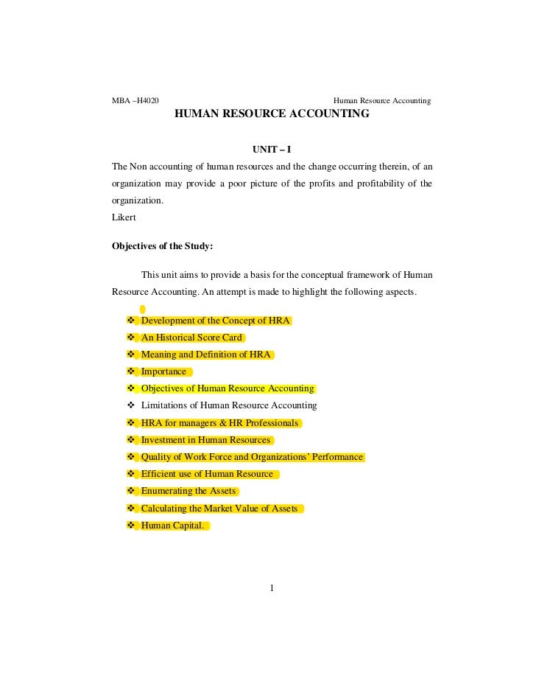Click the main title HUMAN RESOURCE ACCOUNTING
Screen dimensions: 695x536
click(272, 115)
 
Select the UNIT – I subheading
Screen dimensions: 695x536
click(272, 150)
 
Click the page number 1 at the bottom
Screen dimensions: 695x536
click(272, 587)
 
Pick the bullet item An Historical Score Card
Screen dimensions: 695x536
click(191, 338)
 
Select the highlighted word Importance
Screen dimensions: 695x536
click(163, 371)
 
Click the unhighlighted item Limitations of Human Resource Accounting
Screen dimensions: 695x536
click(229, 405)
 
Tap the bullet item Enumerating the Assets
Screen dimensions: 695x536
click(188, 491)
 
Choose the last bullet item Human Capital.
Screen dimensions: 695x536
click(172, 525)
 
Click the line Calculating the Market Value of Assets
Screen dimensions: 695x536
click(219, 509)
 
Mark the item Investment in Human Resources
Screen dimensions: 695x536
click(205, 440)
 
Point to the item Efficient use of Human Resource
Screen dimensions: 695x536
click(207, 474)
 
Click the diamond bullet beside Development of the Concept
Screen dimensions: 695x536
click(131, 321)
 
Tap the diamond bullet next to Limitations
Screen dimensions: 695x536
click(131, 405)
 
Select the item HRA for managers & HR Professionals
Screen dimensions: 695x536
click(219, 423)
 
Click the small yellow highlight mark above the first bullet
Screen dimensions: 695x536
click(143, 310)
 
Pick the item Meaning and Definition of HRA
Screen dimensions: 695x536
click(206, 355)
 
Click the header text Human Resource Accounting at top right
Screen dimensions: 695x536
click(382, 100)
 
